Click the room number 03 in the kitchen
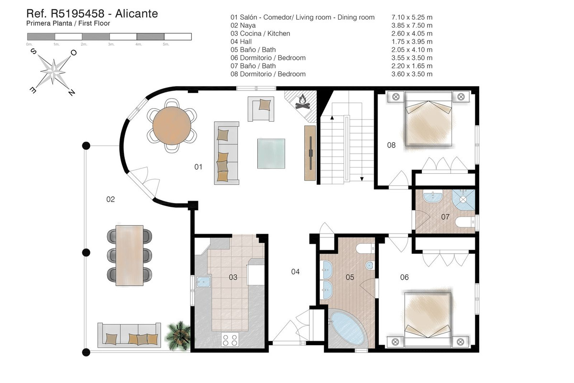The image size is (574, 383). coord(233,277)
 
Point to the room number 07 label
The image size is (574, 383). coord(445,217)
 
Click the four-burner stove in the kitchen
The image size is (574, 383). coord(230,340)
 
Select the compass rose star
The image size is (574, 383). coord(53,71)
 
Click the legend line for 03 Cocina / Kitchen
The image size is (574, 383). coord(260,34)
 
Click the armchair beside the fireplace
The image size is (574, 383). coord(261,108)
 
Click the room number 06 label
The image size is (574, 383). coord(404,277)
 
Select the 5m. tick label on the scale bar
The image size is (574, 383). coord(166,44)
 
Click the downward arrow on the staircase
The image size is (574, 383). coord(362,178)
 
